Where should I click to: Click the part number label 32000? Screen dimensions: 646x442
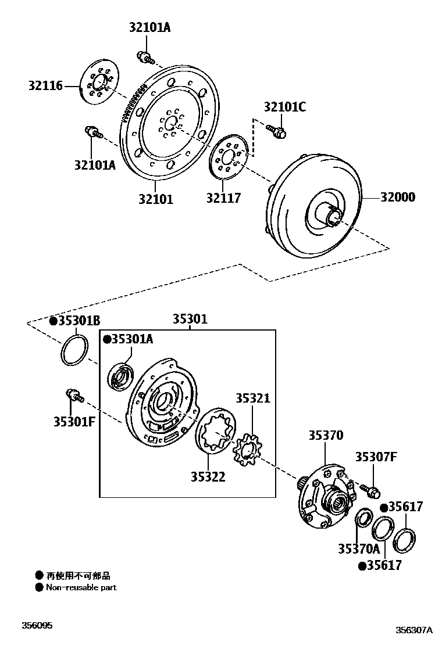click(398, 198)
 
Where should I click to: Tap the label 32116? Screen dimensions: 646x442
click(45, 87)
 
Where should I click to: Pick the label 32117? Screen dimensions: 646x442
click(223, 198)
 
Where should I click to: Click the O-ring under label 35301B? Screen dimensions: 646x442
click(74, 350)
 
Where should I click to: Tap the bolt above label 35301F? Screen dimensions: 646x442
click(74, 396)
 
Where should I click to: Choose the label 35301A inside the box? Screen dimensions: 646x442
click(128, 339)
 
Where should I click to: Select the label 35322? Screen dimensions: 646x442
click(208, 477)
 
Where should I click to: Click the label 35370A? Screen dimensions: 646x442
click(358, 548)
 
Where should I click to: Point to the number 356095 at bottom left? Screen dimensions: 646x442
click(37, 626)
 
